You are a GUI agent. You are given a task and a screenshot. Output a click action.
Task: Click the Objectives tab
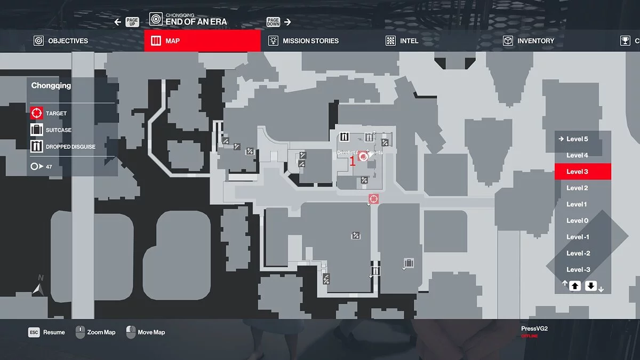[61, 41]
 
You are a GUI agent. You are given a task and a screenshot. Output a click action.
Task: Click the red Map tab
[203, 41]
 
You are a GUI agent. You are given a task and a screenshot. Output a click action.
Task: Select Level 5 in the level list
[577, 139]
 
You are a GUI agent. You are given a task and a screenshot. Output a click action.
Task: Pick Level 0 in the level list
[577, 221]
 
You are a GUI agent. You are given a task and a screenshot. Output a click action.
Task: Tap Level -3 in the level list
[578, 270]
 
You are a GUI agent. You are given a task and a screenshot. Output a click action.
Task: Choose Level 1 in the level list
[577, 204]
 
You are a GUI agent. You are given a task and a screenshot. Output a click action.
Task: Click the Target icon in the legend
[36, 113]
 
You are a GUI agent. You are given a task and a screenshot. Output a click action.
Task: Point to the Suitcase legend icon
[36, 130]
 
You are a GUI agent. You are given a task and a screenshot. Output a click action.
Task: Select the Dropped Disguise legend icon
[36, 146]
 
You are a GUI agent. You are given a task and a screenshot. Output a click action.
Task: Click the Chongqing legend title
[51, 85]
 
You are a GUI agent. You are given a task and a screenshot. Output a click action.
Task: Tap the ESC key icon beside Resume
[34, 332]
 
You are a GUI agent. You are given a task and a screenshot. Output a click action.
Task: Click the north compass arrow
[38, 289]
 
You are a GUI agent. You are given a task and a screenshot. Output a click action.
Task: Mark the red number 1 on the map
[353, 161]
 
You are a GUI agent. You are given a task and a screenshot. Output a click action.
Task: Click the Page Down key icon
[273, 22]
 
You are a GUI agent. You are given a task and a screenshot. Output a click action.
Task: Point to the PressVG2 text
[534, 329]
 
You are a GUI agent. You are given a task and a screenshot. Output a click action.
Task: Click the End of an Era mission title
[196, 22]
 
